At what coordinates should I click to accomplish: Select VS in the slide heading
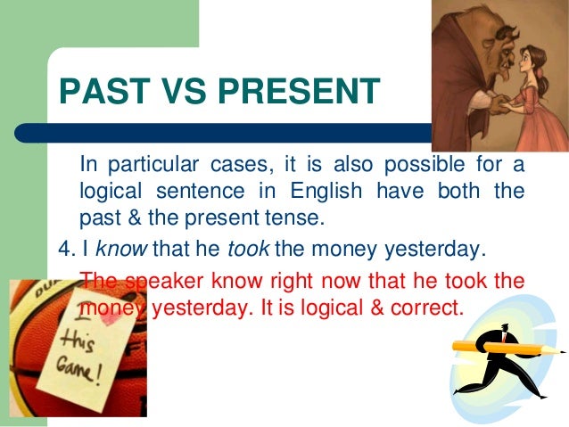[x=175, y=93]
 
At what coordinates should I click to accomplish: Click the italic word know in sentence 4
[x=120, y=247]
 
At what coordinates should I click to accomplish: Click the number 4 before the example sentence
[x=63, y=247]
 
